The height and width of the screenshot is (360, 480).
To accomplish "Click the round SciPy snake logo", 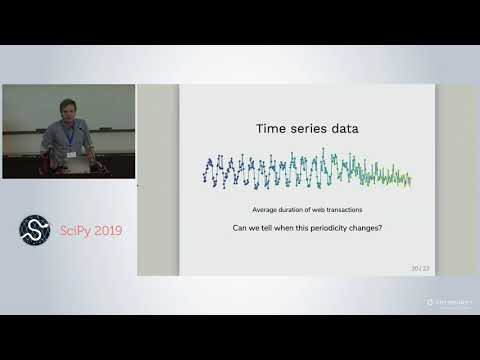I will [35, 229].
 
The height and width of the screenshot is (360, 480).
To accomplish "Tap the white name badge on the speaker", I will [71, 155].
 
